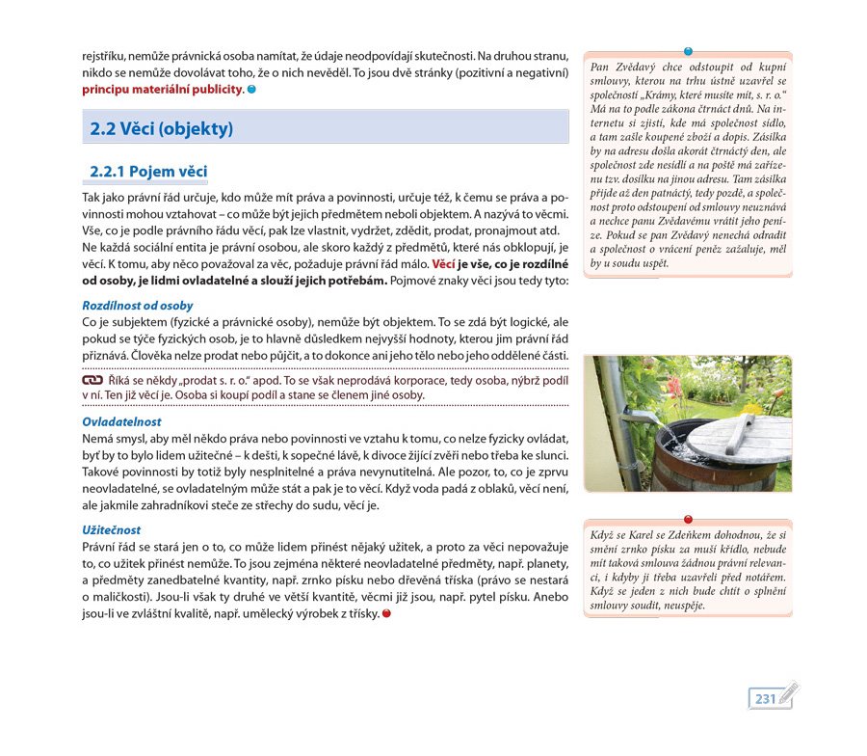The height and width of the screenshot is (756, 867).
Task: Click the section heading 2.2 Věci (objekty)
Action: (162, 128)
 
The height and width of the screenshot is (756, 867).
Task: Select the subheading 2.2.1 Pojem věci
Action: (148, 173)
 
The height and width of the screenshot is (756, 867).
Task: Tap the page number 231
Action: (766, 698)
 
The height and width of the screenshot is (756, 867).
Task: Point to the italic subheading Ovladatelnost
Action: (121, 422)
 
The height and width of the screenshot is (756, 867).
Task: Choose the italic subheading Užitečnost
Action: (112, 530)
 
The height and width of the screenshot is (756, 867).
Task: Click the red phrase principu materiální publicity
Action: (163, 90)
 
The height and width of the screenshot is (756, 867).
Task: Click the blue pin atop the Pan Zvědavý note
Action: (687, 51)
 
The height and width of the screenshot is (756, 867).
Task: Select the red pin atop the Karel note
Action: (687, 520)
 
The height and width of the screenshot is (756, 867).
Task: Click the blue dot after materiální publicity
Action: (252, 90)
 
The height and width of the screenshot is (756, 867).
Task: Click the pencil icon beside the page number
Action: (789, 693)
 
